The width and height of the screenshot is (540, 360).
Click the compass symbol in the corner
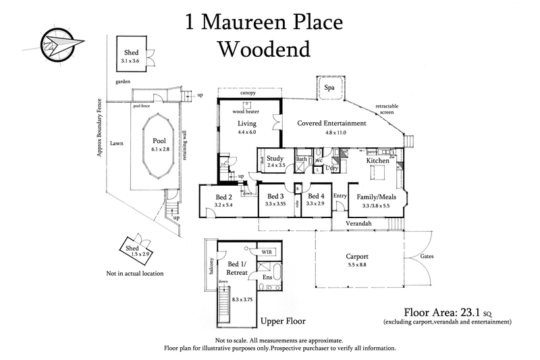click(x=59, y=41)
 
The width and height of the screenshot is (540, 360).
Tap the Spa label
click(x=329, y=88)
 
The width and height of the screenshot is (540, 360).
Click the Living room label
click(x=247, y=124)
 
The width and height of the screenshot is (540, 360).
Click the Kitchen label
click(x=378, y=161)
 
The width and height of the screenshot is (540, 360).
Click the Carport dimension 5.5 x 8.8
click(x=357, y=265)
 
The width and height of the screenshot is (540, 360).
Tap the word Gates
click(x=427, y=257)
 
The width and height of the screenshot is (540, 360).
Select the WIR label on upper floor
click(x=267, y=250)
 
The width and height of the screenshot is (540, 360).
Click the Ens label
click(x=267, y=278)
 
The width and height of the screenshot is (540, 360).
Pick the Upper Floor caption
click(x=283, y=320)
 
